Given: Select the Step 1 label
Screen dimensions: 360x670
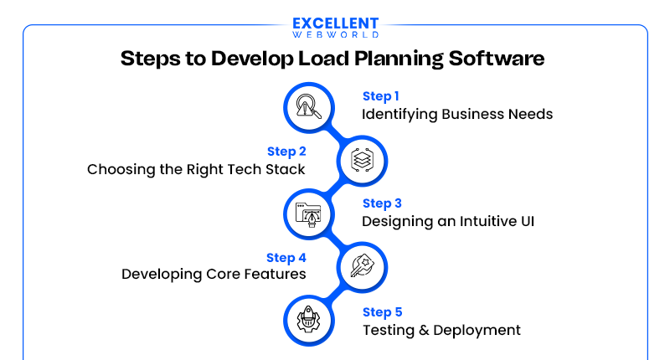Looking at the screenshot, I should point(381,96).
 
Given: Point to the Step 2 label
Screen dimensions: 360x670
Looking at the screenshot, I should point(286,152).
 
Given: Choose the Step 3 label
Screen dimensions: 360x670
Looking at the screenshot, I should point(382,203).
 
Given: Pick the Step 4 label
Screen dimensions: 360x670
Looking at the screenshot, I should point(286,257).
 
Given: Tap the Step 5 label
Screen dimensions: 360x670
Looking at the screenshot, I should point(382,312).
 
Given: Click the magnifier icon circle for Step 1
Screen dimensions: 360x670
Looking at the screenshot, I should point(307,106).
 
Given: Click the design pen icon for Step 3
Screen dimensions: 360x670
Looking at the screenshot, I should point(307,213).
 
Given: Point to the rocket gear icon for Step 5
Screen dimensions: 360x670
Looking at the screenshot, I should point(307,320).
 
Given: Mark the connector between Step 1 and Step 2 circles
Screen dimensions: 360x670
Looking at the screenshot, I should point(335,133).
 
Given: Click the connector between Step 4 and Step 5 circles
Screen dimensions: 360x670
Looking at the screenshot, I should point(335,293).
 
